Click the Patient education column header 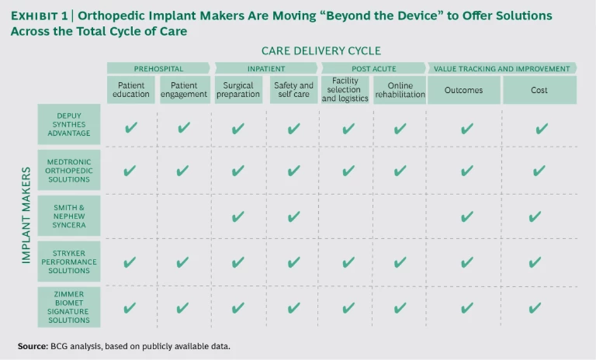pyautogui.click(x=131, y=90)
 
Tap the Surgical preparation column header pyautogui.click(x=238, y=90)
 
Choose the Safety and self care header pyautogui.click(x=294, y=90)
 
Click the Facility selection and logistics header pyautogui.click(x=345, y=90)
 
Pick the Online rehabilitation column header pyautogui.click(x=400, y=90)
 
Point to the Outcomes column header pyautogui.click(x=463, y=90)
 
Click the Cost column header pyautogui.click(x=540, y=90)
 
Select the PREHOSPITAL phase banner pyautogui.click(x=158, y=68)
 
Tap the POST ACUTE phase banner pyautogui.click(x=374, y=68)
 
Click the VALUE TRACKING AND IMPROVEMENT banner pyautogui.click(x=502, y=68)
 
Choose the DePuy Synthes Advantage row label pyautogui.click(x=69, y=124)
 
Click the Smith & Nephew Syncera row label pyautogui.click(x=69, y=216)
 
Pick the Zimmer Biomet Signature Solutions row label pyautogui.click(x=69, y=307)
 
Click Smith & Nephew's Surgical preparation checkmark pyautogui.click(x=238, y=217)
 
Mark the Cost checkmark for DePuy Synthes pyautogui.click(x=542, y=128)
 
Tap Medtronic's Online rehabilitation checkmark pyautogui.click(x=400, y=171)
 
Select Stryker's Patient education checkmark pyautogui.click(x=129, y=262)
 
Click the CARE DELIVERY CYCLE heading pyautogui.click(x=321, y=51)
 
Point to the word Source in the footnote pyautogui.click(x=33, y=346)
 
